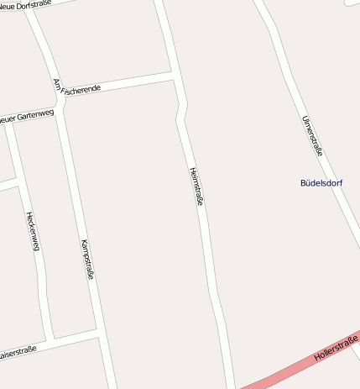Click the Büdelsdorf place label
[321, 182]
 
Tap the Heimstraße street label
[197, 187]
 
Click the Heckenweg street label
[34, 231]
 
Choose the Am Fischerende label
[77, 88]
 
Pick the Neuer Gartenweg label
[27, 115]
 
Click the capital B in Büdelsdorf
[303, 182]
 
